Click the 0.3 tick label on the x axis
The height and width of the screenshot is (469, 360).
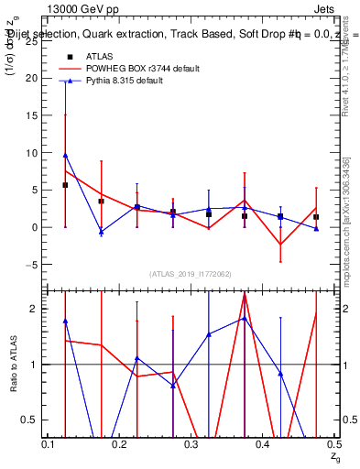click(x=191, y=444)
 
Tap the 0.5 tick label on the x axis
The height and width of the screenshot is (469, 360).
click(x=334, y=444)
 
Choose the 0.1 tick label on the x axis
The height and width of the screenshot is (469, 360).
click(x=49, y=444)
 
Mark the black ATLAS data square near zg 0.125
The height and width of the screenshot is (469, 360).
click(x=65, y=185)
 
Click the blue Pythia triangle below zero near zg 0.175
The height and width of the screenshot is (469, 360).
click(x=101, y=232)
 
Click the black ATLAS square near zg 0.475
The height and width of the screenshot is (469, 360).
click(x=316, y=217)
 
